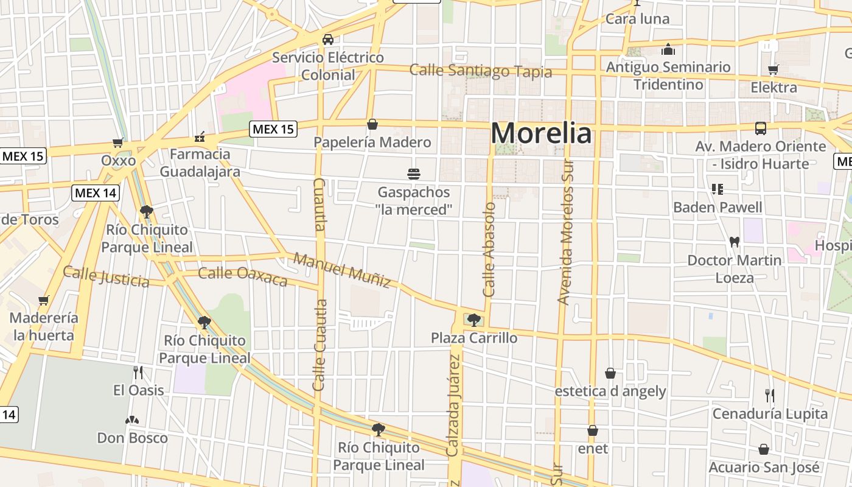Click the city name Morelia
[541, 133]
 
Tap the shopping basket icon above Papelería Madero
[372, 125]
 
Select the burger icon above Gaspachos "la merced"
[414, 174]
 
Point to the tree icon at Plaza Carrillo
[473, 320]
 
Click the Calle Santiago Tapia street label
[480, 71]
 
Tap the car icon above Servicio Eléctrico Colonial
[328, 40]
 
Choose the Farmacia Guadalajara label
[200, 163]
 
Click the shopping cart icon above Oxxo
[118, 143]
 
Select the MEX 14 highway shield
[96, 194]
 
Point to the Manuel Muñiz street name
[342, 270]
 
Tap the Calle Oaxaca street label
[242, 276]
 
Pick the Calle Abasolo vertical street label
[490, 250]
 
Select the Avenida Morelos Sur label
[566, 231]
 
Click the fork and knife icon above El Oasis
[139, 372]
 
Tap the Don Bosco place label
[132, 438]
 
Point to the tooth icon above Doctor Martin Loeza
[735, 242]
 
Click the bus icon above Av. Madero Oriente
[761, 128]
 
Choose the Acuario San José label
[764, 467]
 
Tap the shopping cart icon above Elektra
[773, 70]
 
